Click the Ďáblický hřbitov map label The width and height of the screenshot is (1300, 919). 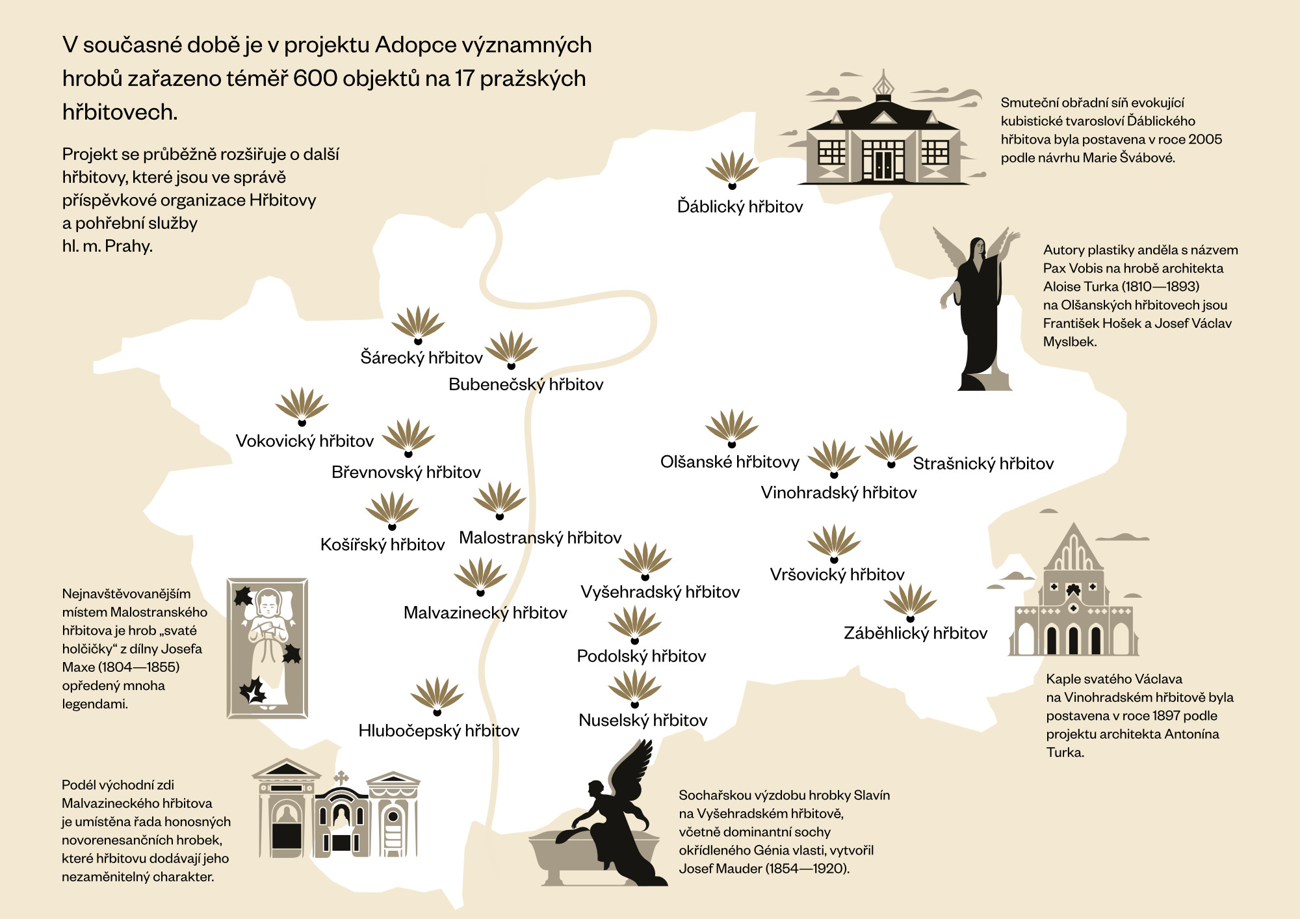click(740, 207)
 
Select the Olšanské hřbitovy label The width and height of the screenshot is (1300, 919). click(729, 462)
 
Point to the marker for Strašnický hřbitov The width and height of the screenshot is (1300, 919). click(891, 449)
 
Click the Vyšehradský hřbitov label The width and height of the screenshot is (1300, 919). click(660, 592)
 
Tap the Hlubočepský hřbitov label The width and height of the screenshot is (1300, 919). click(439, 731)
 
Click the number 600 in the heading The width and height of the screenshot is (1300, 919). click(315, 79)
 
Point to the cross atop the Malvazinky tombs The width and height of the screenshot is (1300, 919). click(341, 777)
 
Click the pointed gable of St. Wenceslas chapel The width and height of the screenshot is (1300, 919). click(1073, 546)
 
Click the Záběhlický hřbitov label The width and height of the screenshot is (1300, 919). click(915, 633)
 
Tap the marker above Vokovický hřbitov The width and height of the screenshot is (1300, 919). click(302, 407)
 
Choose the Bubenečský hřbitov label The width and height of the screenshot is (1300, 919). click(526, 384)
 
